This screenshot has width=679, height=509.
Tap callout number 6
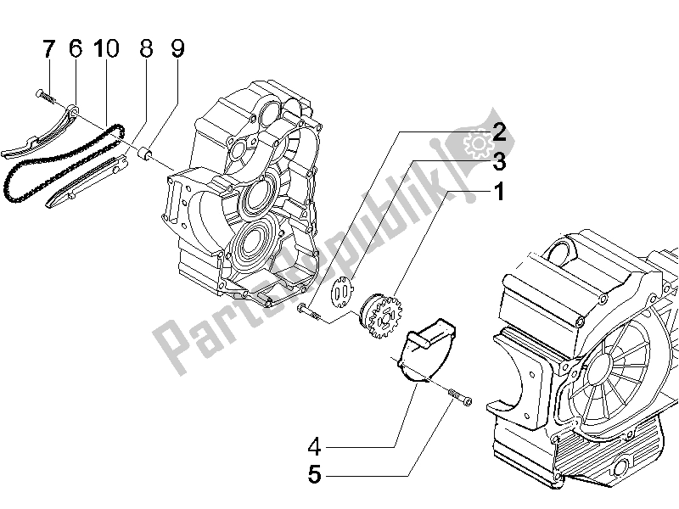[x=75, y=50]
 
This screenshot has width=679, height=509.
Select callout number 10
[x=106, y=50]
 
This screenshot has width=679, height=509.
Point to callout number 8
[x=146, y=50]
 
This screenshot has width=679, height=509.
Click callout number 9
[x=177, y=50]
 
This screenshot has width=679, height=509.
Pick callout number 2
[x=499, y=131]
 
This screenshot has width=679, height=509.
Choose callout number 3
[x=499, y=160]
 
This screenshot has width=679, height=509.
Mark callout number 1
[x=499, y=193]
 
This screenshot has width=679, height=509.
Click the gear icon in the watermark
[x=478, y=143]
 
